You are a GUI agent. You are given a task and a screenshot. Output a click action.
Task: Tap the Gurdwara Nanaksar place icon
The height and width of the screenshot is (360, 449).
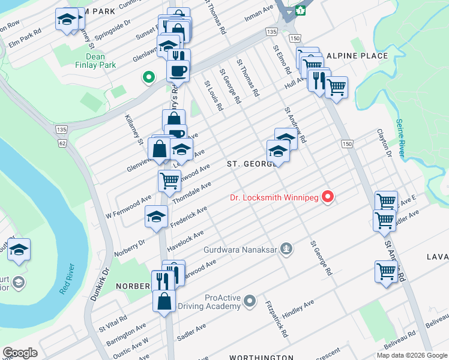click(287, 248)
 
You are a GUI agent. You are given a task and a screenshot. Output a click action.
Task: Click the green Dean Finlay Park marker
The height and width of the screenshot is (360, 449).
click(146, 77)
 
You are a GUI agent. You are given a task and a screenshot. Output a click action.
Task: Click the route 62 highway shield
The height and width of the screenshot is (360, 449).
click(62, 143)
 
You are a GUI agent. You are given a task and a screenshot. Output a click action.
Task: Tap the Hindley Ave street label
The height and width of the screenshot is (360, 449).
click(298, 305)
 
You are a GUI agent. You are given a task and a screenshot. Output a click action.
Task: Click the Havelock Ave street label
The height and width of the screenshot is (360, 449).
click(185, 236)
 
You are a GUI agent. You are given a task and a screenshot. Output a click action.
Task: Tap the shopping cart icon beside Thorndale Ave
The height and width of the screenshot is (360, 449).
click(169, 179)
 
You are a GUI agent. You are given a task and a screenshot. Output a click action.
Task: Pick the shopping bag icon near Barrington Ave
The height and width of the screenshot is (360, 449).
click(164, 301)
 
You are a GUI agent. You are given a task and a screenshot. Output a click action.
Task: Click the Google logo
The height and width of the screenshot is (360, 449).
click(20, 352)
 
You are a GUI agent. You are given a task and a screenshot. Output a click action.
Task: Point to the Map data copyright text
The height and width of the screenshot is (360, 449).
click(412, 355)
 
